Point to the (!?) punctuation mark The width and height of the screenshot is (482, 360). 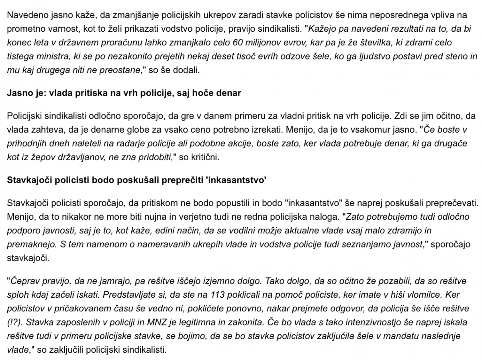14,322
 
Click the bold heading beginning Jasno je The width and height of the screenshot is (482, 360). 124,93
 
